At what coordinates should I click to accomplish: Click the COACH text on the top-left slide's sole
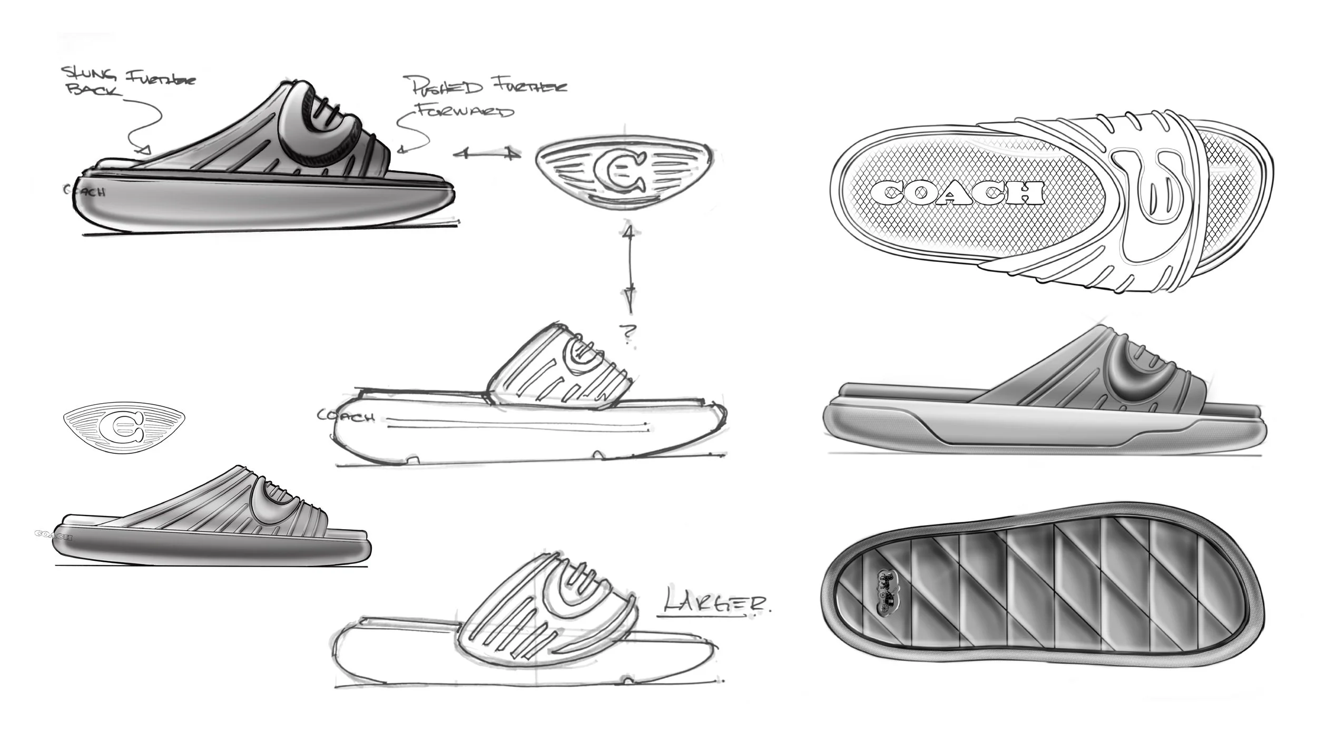85,191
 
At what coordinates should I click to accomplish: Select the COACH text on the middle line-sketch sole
346,416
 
